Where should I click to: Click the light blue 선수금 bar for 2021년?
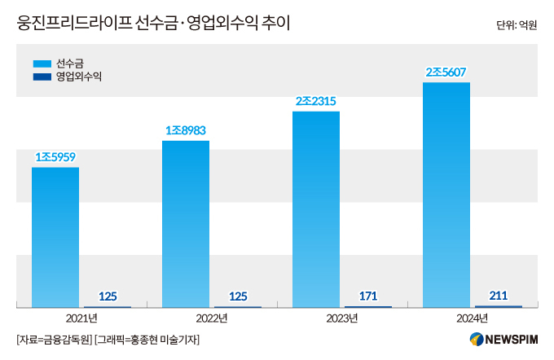pos(55,237)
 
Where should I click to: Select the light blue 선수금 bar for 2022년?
pos(186,224)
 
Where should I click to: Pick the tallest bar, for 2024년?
pos(446,195)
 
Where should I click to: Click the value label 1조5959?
pos(55,156)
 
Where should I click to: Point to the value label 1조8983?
pos(186,130)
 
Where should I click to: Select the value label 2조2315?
pos(316,101)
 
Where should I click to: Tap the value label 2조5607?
pos(446,72)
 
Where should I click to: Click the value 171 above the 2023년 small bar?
pos(368,296)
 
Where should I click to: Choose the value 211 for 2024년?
pos(499,295)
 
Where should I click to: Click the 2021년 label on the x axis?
pos(81,317)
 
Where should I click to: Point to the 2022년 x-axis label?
pos(212,317)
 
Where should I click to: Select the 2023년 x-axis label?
pos(342,317)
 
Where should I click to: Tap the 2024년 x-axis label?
pos(473,317)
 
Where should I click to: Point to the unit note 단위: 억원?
pos(517,25)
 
